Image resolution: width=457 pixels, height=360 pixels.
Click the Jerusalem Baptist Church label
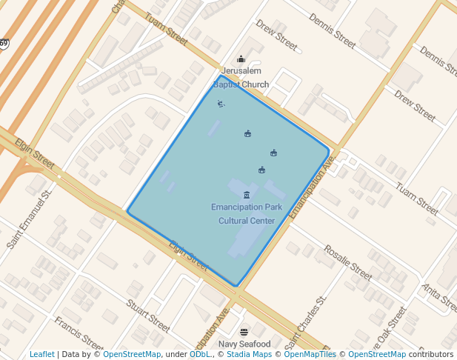(241, 78)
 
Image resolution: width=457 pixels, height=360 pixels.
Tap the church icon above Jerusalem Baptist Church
(241, 59)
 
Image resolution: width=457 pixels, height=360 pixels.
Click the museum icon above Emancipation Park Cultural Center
(247, 195)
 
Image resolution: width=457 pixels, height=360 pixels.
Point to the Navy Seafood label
(244, 344)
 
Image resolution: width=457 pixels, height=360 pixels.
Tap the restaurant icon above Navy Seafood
(244, 332)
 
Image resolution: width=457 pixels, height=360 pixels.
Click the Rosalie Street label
(347, 264)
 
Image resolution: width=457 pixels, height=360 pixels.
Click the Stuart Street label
(148, 315)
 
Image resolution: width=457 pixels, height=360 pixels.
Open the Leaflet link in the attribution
(42, 355)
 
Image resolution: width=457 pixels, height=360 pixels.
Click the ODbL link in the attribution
(200, 355)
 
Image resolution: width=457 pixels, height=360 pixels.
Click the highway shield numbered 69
(4, 44)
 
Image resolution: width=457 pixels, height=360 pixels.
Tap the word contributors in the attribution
(433, 355)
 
